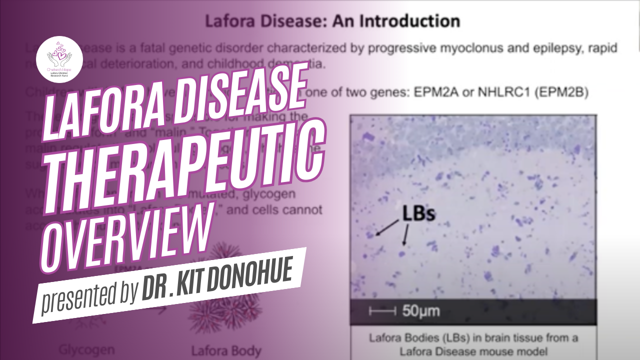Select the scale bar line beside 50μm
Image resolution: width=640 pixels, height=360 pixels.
click(x=382, y=311)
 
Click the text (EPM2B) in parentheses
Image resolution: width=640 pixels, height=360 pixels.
click(x=563, y=93)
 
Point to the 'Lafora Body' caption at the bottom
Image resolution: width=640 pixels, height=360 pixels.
click(x=226, y=350)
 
